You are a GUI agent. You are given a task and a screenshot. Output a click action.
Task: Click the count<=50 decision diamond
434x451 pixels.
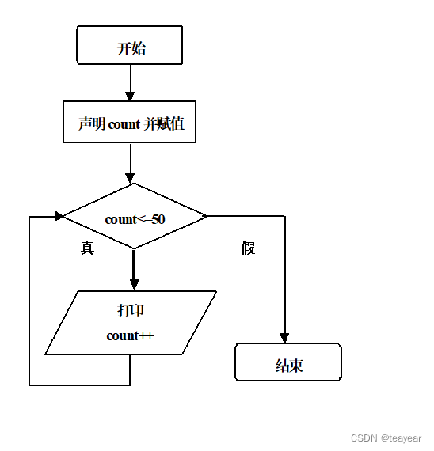(x=135, y=216)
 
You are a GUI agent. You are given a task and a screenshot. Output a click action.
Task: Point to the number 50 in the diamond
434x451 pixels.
(x=158, y=219)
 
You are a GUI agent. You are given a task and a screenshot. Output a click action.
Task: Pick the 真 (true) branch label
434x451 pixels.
(x=87, y=248)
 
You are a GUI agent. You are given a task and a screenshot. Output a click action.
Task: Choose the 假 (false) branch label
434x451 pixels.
(x=249, y=248)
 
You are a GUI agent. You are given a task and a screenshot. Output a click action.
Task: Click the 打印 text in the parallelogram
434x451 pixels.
(x=131, y=309)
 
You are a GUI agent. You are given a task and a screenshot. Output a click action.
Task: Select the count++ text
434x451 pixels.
(x=130, y=335)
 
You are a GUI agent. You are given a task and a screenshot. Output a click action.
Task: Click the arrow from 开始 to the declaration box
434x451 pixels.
(x=130, y=81)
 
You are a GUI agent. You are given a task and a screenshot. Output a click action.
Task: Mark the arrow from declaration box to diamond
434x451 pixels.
(x=130, y=162)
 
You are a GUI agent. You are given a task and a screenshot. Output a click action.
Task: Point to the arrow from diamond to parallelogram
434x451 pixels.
(x=134, y=269)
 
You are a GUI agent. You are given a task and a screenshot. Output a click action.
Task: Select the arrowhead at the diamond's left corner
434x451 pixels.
(x=58, y=215)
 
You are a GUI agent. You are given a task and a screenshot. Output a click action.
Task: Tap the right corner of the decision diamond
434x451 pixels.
(x=206, y=215)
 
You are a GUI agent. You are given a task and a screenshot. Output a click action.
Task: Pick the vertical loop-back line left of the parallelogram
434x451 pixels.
(x=29, y=301)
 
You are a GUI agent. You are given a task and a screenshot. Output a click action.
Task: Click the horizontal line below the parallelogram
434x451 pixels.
(x=79, y=385)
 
